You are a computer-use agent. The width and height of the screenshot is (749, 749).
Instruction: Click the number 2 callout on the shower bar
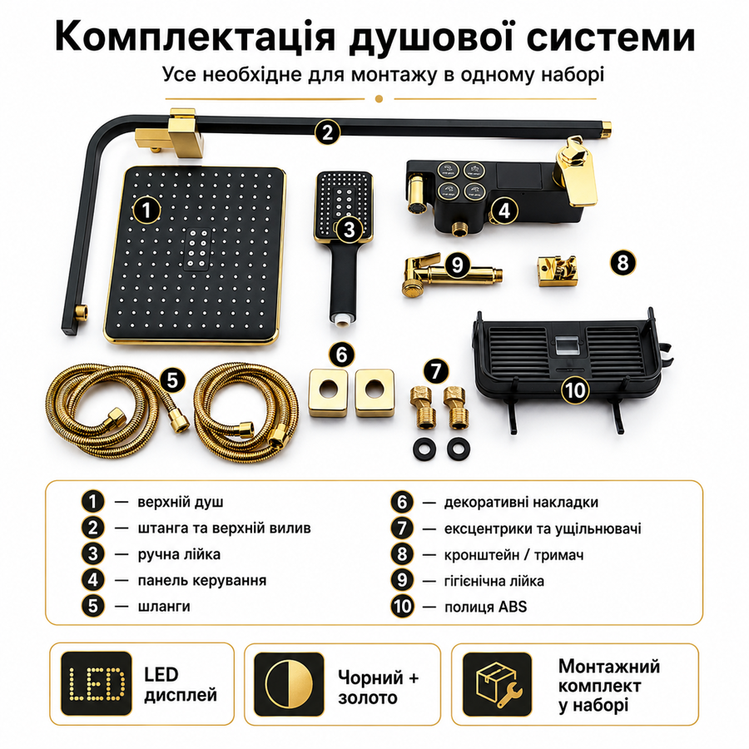click(x=327, y=131)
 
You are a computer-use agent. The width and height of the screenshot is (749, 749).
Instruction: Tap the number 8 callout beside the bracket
click(x=623, y=262)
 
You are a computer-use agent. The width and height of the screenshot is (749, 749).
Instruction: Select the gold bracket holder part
click(x=557, y=270)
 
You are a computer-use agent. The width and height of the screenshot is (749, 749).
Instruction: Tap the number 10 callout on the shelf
click(x=575, y=390)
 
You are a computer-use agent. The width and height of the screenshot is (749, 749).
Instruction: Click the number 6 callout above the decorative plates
click(x=342, y=355)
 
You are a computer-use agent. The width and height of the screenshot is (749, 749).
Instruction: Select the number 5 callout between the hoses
click(x=172, y=380)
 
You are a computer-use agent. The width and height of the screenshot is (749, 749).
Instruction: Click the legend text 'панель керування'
click(x=202, y=580)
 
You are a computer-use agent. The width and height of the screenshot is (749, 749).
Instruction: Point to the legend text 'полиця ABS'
click(x=485, y=607)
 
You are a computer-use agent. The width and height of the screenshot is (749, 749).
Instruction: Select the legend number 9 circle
click(x=402, y=580)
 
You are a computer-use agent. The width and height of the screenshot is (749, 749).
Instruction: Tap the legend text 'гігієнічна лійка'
click(x=494, y=581)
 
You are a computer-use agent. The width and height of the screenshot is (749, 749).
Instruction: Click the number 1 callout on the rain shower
click(x=146, y=211)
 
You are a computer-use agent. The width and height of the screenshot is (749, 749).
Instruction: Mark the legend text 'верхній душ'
click(x=180, y=503)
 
